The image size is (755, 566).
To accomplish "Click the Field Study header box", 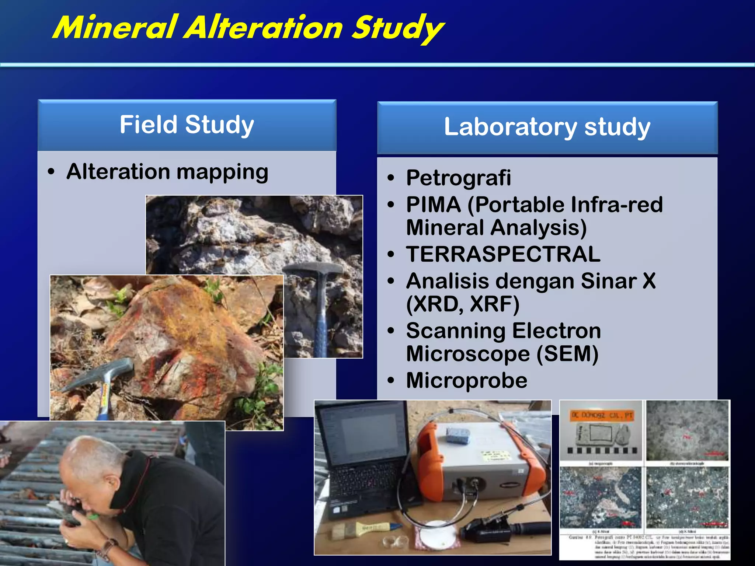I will coord(187,125).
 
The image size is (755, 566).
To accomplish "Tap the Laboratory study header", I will coord(547,127).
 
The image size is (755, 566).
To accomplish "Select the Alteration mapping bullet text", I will coord(167,172).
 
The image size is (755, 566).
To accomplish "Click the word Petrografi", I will coord(459,178).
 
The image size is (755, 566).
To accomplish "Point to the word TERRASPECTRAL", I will coord(503,254).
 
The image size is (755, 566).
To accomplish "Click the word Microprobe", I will coord(467,380).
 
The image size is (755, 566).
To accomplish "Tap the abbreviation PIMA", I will coord(434,205).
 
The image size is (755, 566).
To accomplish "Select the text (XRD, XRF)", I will coord(463,304).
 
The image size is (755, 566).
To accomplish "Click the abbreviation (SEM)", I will coord(567,354).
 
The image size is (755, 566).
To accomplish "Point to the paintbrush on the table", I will coord(365,529).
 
